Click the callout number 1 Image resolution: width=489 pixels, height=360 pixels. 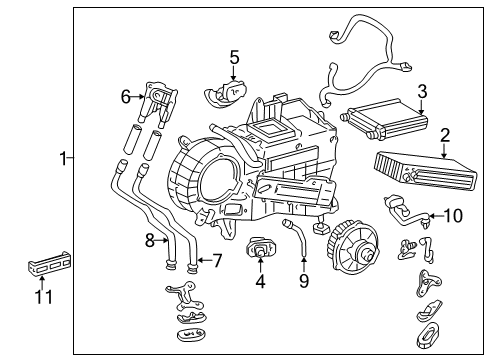tap(62, 158)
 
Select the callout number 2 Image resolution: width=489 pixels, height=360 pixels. tap(445, 135)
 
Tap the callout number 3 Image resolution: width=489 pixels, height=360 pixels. tap(422, 92)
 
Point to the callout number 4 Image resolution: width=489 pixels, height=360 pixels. tap(261, 282)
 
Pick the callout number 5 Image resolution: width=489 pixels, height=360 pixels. tap(234, 58)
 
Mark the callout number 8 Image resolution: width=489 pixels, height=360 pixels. tap(150, 240)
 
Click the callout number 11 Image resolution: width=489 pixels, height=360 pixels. tap(41, 297)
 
